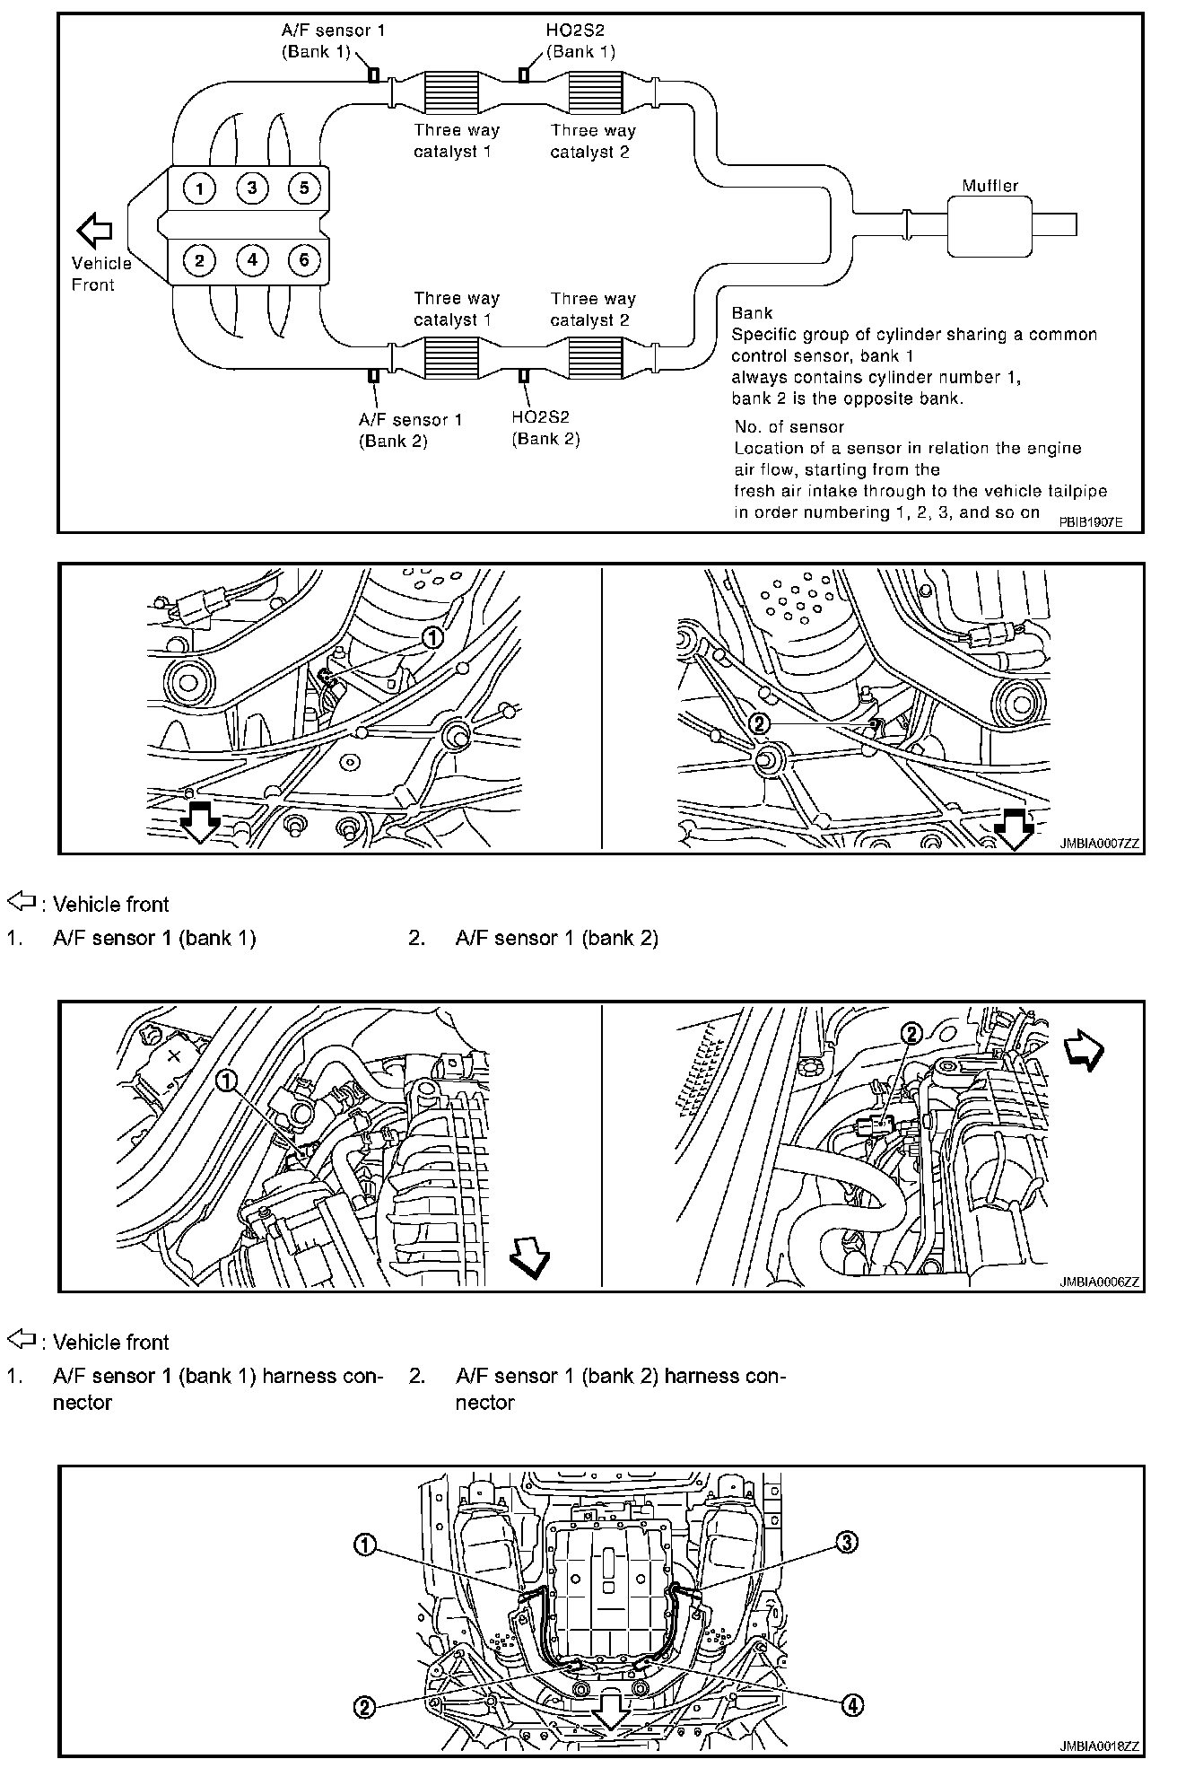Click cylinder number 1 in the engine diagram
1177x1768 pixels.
coord(199,188)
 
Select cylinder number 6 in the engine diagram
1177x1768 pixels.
coord(304,260)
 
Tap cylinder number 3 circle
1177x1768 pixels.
coord(252,188)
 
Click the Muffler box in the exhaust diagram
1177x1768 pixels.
coord(990,224)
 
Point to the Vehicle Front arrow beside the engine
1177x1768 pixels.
coord(94,230)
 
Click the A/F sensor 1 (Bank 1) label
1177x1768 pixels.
coord(333,41)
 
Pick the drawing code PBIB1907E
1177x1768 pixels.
coord(1089,521)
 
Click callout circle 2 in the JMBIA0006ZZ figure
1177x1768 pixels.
coord(911,1034)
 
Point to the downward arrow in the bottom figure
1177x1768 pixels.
coord(610,1713)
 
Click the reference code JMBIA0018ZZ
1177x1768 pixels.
coord(1098,1746)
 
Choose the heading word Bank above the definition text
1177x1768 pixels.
coord(752,313)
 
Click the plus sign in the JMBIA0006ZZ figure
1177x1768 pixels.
coord(174,1055)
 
